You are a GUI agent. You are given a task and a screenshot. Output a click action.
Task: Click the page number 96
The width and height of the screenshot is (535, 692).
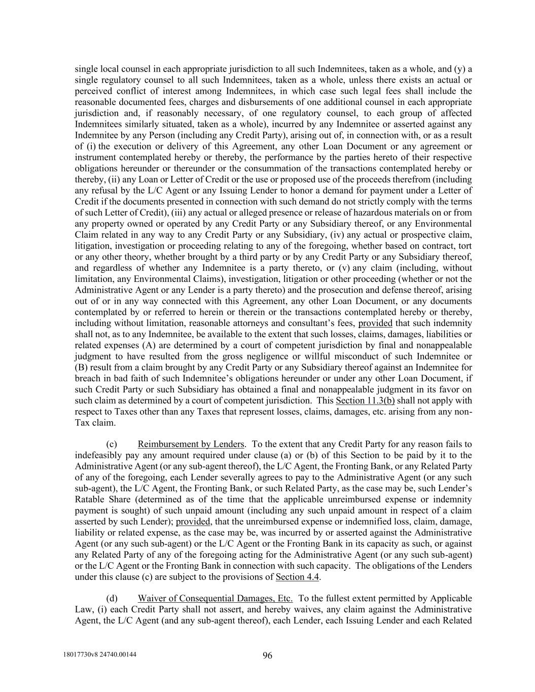pyautogui.click(x=267, y=655)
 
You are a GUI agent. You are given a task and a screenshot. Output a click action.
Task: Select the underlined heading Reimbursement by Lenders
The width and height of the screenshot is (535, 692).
pyautogui.click(x=191, y=444)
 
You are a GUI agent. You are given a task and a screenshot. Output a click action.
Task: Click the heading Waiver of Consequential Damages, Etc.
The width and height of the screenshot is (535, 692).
pyautogui.click(x=215, y=598)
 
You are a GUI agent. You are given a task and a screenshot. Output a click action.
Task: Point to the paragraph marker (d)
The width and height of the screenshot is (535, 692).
pyautogui.click(x=112, y=598)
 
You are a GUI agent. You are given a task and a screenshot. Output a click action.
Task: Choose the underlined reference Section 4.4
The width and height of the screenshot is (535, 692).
pyautogui.click(x=298, y=576)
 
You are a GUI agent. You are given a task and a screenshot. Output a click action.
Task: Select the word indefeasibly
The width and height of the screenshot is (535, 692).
pyautogui.click(x=98, y=455)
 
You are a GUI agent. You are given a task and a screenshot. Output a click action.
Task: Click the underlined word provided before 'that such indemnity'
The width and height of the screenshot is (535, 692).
pyautogui.click(x=375, y=323)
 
